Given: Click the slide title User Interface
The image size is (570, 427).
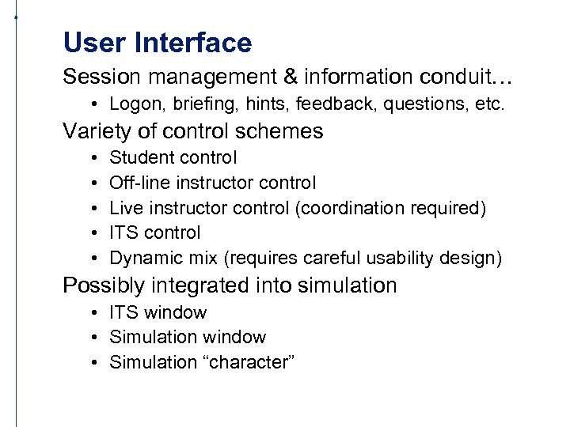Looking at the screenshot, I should [157, 43].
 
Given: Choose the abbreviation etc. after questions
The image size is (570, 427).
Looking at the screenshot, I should [487, 104].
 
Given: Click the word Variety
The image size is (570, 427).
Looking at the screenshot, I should [94, 130].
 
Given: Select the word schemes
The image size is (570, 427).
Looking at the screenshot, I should [285, 130].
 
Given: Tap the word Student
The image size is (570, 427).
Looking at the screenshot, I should [139, 158].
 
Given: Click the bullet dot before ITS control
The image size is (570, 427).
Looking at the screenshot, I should [93, 233].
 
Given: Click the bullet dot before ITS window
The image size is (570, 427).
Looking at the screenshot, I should [93, 313].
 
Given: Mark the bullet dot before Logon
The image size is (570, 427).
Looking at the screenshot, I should [93, 104].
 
